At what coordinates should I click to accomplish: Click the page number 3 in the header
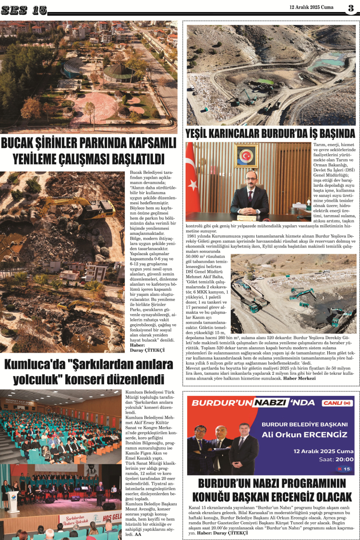click(x=351, y=7)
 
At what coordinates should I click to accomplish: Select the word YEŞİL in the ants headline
click(x=203, y=133)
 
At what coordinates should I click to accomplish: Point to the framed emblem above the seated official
click(x=246, y=156)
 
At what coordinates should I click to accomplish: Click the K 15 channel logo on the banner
click(x=344, y=469)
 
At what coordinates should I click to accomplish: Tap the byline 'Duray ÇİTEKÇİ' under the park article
click(x=147, y=350)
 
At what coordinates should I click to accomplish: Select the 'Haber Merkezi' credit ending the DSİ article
click(x=299, y=378)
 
